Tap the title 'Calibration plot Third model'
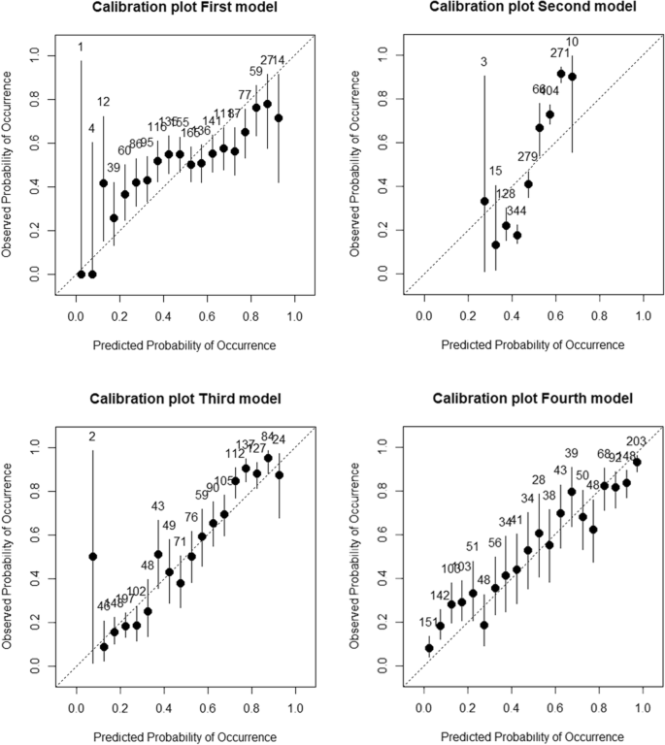click(x=184, y=400)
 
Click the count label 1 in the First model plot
click(x=81, y=47)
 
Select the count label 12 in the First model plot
click(x=103, y=102)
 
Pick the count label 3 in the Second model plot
click(x=483, y=63)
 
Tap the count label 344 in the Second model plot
click(x=515, y=211)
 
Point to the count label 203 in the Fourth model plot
click(x=636, y=441)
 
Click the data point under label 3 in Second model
click(x=483, y=201)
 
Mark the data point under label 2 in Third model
click(x=92, y=557)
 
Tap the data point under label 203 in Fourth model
click(x=637, y=462)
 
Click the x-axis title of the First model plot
click(x=184, y=344)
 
